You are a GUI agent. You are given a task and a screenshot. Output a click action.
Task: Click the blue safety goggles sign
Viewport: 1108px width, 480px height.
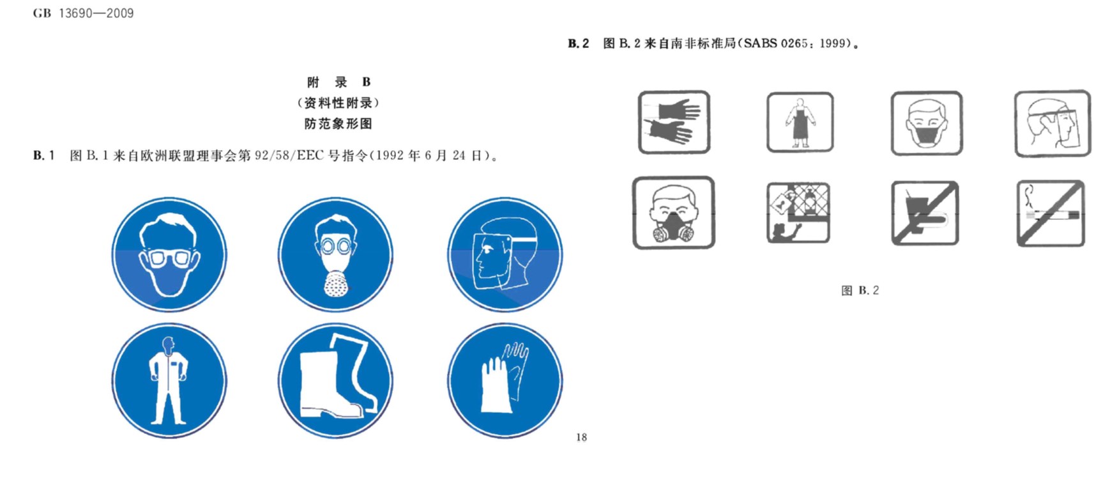[x=169, y=254]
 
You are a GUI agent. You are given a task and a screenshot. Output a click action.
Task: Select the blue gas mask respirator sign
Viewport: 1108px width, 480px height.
[x=335, y=254]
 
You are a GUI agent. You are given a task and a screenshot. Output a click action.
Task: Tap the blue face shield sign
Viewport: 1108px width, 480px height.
[x=505, y=254]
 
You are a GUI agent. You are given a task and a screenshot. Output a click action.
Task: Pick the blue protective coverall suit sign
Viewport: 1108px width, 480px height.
[x=169, y=381]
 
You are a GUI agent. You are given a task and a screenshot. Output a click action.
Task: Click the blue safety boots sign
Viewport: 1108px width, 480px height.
[x=335, y=381]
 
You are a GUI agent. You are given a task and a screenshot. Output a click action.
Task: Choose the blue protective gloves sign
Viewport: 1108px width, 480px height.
[x=505, y=381]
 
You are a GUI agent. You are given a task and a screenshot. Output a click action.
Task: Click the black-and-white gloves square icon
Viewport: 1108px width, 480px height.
[x=674, y=122]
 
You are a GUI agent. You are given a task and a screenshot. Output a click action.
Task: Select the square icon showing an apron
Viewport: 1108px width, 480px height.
[x=800, y=122]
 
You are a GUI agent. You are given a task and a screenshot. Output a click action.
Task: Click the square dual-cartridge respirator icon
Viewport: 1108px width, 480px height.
[x=673, y=213]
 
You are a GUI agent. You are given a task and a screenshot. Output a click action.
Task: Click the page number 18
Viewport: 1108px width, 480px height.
[x=581, y=437]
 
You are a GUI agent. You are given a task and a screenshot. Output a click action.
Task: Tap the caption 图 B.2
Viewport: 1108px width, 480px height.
[x=860, y=291]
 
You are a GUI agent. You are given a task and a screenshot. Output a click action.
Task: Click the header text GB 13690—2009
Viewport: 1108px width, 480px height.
[x=83, y=13]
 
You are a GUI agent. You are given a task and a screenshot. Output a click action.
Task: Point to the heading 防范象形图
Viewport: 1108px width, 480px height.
[x=338, y=123]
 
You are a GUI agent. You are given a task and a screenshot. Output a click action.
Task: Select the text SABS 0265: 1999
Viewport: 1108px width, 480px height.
[x=798, y=43]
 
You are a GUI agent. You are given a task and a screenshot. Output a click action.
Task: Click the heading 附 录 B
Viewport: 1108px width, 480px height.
[x=338, y=82]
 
